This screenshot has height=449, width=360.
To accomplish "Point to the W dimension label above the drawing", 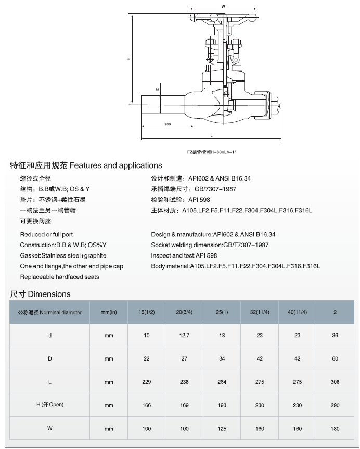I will pyautogui.click(x=223, y=6).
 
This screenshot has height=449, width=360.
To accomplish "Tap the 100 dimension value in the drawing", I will pyautogui.click(x=168, y=124).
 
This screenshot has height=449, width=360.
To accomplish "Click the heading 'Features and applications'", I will pyautogui.click(x=86, y=165).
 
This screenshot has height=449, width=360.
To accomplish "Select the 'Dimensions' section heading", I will pyautogui.click(x=40, y=294).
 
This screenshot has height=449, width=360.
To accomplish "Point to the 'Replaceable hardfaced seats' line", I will pyautogui.click(x=59, y=277).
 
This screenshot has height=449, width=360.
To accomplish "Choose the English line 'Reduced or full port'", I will pyautogui.click(x=46, y=234).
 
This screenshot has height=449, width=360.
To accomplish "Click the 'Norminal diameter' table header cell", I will pyautogui.click(x=50, y=312).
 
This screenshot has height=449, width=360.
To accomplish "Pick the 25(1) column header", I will pyautogui.click(x=222, y=312).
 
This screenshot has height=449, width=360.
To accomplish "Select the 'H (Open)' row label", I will pyautogui.click(x=50, y=405).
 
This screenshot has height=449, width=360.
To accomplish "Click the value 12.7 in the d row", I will pyautogui.click(x=184, y=336).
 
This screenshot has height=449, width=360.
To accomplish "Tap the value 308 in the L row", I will pyautogui.click(x=335, y=382).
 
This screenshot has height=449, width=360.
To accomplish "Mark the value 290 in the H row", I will pyautogui.click(x=335, y=405).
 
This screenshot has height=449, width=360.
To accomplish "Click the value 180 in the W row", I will pyautogui.click(x=335, y=429).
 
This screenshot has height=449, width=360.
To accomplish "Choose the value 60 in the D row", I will pyautogui.click(x=335, y=359).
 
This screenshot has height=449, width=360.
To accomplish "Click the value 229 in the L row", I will pyautogui.click(x=147, y=382).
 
